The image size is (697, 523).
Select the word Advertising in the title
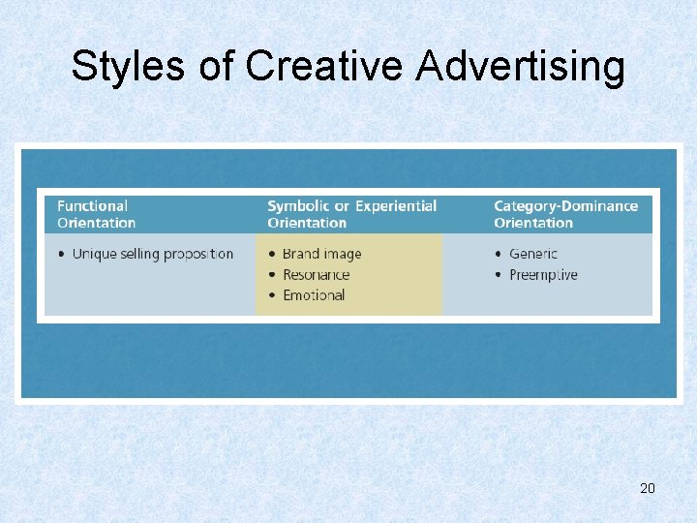pyautogui.click(x=521, y=67)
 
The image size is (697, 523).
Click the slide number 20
pyautogui.click(x=648, y=488)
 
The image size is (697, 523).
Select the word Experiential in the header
pyautogui.click(x=396, y=205)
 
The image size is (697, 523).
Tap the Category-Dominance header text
pyautogui.click(x=565, y=205)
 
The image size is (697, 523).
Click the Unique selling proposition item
pyautogui.click(x=153, y=254)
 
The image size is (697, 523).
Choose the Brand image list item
pyautogui.click(x=321, y=254)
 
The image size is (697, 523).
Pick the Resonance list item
pyautogui.click(x=316, y=274)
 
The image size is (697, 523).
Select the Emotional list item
pyautogui.click(x=314, y=294)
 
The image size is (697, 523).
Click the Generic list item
pyautogui.click(x=533, y=254)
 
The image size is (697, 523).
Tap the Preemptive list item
pyautogui.click(x=543, y=274)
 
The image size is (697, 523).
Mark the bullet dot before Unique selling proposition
pyautogui.click(x=62, y=255)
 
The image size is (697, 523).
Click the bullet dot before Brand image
pyautogui.click(x=272, y=255)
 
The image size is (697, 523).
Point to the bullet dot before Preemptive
pyautogui.click(x=499, y=275)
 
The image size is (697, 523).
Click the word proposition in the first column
pyautogui.click(x=198, y=254)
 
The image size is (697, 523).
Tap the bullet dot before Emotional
pyautogui.click(x=272, y=295)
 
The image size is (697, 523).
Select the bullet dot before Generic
pyautogui.click(x=499, y=255)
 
